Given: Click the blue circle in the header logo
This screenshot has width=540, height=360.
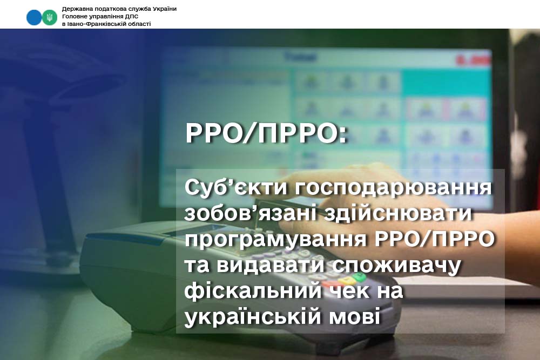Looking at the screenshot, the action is pos(34,17).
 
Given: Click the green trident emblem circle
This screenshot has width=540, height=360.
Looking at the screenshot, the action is pos(50,17).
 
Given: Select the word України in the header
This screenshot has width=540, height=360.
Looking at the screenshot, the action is pos(165,9).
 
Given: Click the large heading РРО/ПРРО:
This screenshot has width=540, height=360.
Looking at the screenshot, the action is pos(266,133).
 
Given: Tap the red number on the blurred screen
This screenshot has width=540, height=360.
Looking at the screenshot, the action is pos(473,60).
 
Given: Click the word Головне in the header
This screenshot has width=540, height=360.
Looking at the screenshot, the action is pos(73,17).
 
